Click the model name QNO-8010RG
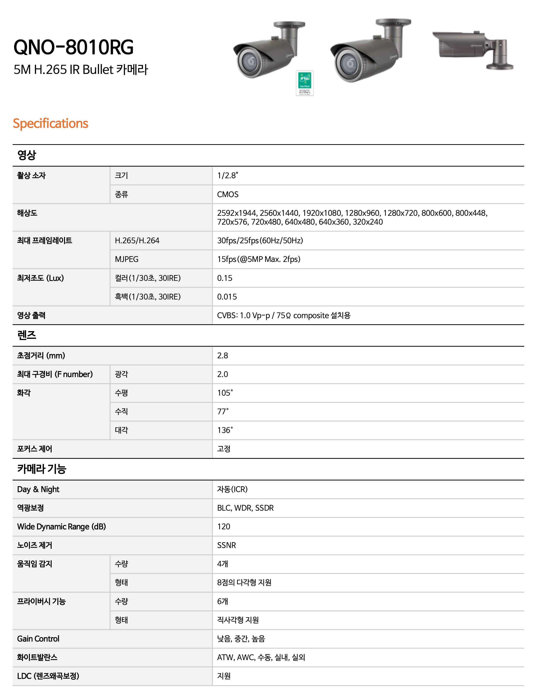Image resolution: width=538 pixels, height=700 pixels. click(x=73, y=47)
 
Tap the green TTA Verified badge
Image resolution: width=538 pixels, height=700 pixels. click(x=304, y=83)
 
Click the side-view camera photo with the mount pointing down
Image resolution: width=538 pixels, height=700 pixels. click(x=473, y=50)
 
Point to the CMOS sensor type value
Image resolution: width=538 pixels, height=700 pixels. click(x=228, y=194)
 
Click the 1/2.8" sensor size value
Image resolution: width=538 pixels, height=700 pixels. click(x=227, y=176)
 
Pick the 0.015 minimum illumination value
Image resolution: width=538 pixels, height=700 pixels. click(x=227, y=297)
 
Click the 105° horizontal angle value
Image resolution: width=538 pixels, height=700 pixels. click(x=225, y=393)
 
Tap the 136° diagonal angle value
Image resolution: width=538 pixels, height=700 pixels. click(x=225, y=430)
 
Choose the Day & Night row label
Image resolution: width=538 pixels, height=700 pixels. click(x=38, y=489)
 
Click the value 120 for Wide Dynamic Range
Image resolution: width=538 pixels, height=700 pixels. click(x=223, y=527)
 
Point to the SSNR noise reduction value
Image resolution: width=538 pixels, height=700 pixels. click(x=226, y=545)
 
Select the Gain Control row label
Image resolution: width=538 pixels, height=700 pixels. click(x=38, y=639)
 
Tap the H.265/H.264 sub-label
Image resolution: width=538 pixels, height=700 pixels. click(x=137, y=241)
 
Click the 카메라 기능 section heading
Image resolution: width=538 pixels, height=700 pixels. click(x=42, y=469)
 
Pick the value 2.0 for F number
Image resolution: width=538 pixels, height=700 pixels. click(x=223, y=374)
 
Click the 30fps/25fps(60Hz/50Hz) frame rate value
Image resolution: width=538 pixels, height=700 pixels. click(x=260, y=241)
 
